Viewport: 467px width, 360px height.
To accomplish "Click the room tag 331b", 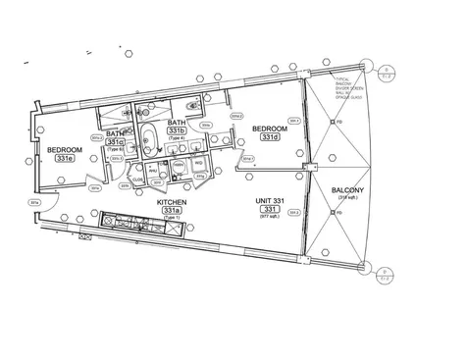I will click(x=177, y=130).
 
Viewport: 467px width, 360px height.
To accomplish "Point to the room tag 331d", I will click(x=269, y=137).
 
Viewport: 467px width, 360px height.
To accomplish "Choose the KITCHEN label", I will click(x=172, y=202).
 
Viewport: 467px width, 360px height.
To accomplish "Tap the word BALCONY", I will click(x=348, y=189).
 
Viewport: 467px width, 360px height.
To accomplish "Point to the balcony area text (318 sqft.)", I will click(x=349, y=198).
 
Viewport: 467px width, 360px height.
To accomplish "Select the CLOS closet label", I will click(x=138, y=180).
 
